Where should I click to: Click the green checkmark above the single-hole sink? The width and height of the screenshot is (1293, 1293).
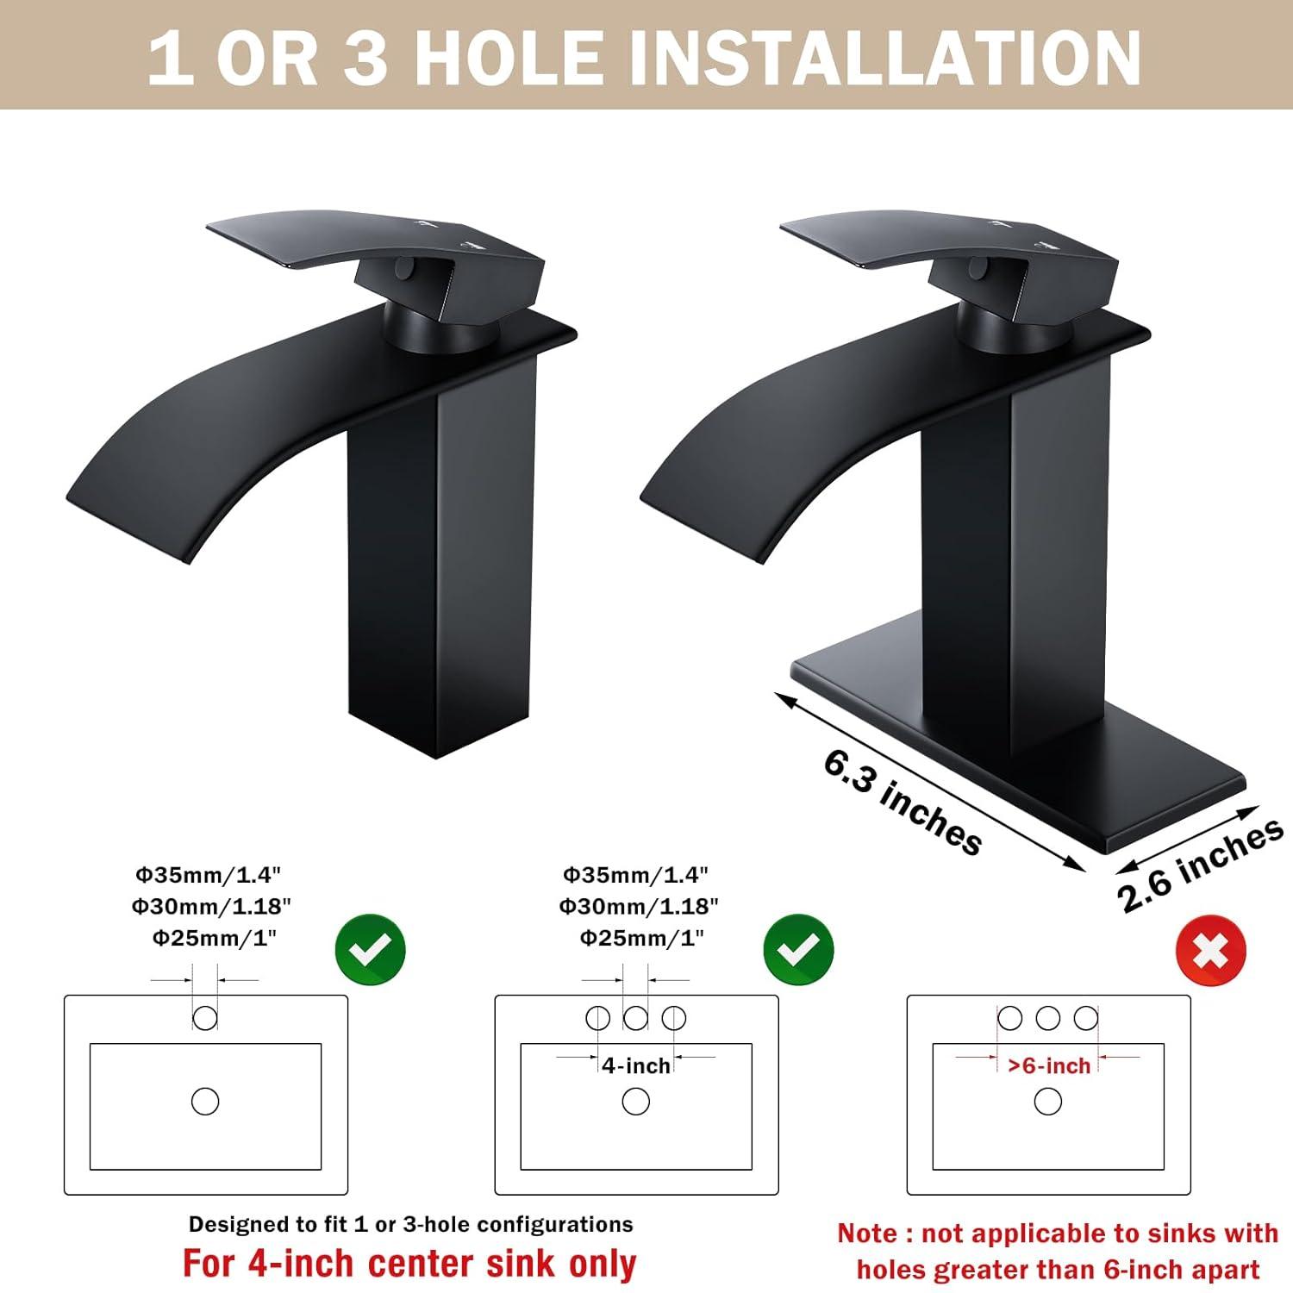coord(370,950)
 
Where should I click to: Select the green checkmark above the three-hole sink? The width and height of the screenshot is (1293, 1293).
coord(798,950)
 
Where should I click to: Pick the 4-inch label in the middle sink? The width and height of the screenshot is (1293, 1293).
coord(636,1065)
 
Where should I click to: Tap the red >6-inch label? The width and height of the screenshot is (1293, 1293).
coord(1049,1065)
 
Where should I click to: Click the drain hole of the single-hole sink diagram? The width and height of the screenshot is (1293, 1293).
coord(205,1101)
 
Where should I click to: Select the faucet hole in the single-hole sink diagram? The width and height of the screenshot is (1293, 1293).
coord(205,1018)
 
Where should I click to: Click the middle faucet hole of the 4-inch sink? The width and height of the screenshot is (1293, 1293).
coord(635,1018)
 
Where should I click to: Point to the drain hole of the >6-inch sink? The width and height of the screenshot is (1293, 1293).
coord(1048,1101)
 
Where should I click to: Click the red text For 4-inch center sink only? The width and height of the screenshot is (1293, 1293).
coord(409,1264)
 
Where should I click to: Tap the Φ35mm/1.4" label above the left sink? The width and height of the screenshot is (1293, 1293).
coord(208,875)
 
